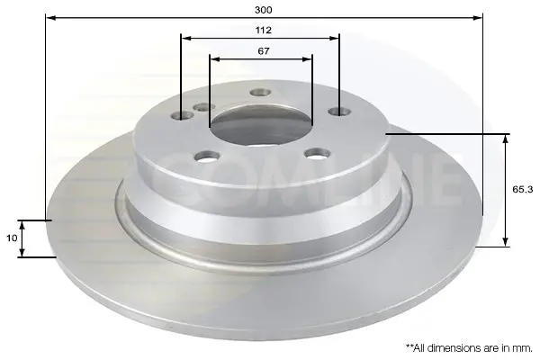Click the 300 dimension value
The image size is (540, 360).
click(x=263, y=10)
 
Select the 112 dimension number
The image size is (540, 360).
click(x=263, y=31)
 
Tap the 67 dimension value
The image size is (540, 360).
click(x=264, y=51)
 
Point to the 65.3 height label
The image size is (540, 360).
click(x=522, y=189)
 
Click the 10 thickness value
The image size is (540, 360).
click(x=12, y=238)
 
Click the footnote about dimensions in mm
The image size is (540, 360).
click(x=470, y=348)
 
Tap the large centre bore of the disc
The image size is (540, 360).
click(x=261, y=126)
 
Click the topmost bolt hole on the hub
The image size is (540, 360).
click(x=260, y=93)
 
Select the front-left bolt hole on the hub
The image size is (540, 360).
click(x=207, y=157)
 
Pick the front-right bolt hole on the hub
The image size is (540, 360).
click(x=318, y=153)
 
